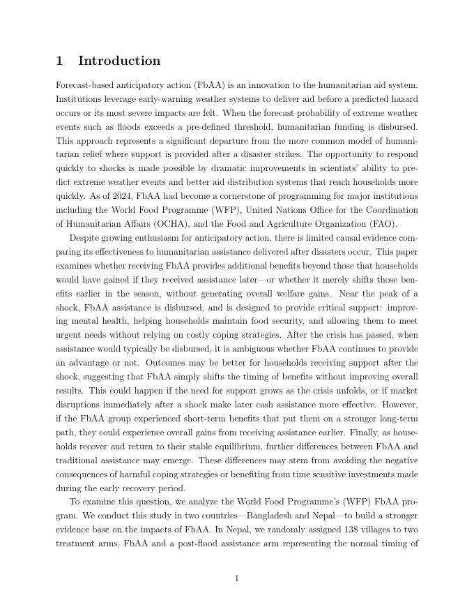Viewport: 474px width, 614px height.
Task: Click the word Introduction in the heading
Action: pos(119,61)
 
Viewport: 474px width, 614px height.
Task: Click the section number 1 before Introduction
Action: pos(60,61)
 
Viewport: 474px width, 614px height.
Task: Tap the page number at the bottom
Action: pos(237,578)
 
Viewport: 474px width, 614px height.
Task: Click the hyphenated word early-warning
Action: pos(165,99)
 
